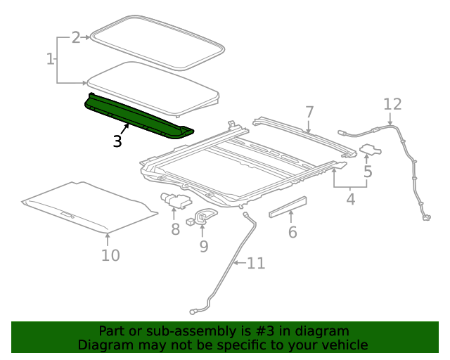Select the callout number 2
coord(76,37)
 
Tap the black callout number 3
coord(117,141)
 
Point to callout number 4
coord(350,200)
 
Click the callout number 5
coord(368,171)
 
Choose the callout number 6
coord(292,231)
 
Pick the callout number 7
coord(309,112)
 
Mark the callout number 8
coord(175,229)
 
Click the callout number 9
coord(204,246)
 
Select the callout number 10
coord(110,255)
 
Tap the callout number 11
coord(256,264)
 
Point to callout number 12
coord(392,104)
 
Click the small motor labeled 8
coord(174,200)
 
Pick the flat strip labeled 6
coord(288,208)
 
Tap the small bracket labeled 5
coord(371,149)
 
